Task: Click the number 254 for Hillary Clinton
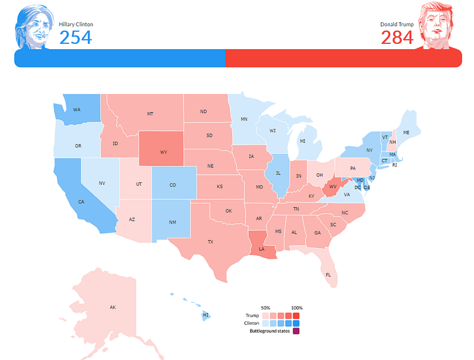[x=76, y=37]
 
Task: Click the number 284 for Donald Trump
[x=398, y=37]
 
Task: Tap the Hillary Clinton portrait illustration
[x=32, y=27]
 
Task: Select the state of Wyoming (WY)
[x=164, y=152]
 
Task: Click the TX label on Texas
[x=210, y=242]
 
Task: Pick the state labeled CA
[x=81, y=201]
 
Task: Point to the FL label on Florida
[x=328, y=275]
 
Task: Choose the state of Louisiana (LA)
[x=261, y=249]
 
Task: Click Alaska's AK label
[x=113, y=307]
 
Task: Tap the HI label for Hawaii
[x=206, y=315]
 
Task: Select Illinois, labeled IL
[x=277, y=174]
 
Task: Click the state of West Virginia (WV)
[x=333, y=187]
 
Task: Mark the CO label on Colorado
[x=172, y=185]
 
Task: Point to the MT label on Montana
[x=151, y=114]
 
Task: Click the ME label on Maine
[x=406, y=132]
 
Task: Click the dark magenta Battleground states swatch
[x=296, y=331]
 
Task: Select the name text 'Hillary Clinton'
[x=76, y=24]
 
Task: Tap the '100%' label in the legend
[x=297, y=308]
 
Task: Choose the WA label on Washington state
[x=77, y=110]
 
